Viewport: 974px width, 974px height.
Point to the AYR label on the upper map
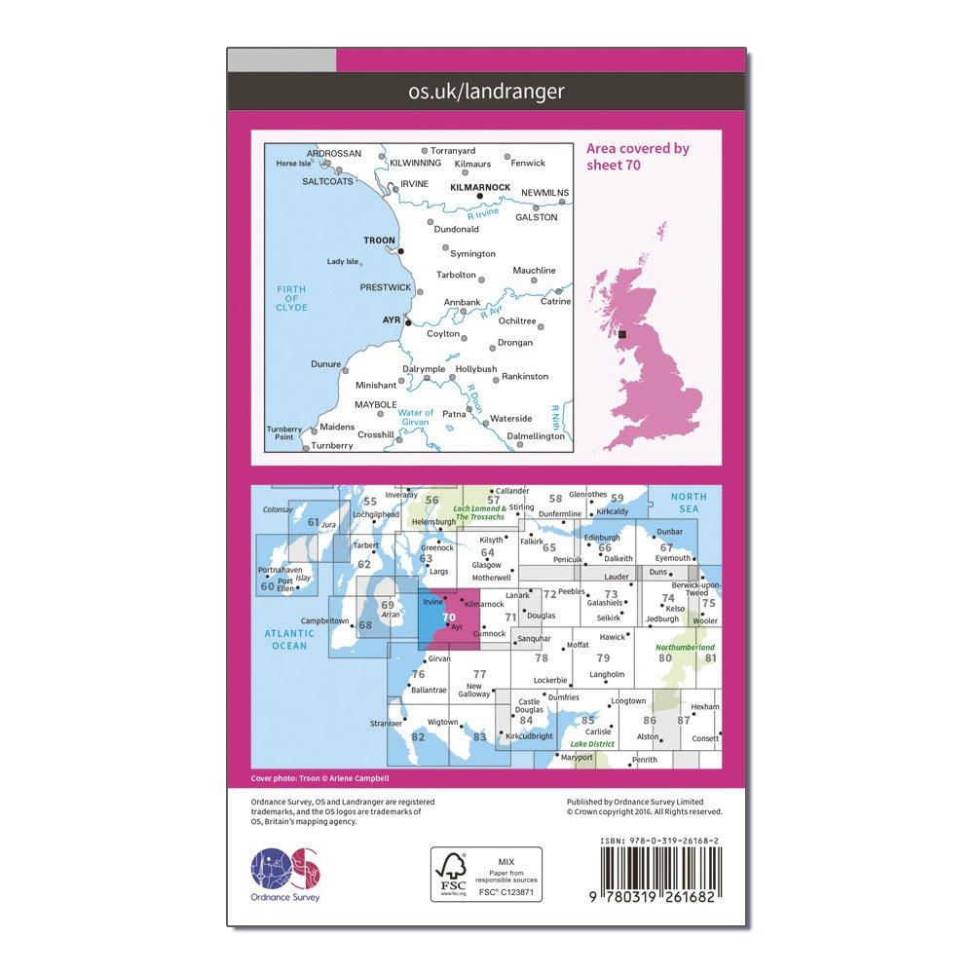pyautogui.click(x=392, y=318)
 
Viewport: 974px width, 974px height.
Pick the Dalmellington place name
pyautogui.click(x=536, y=437)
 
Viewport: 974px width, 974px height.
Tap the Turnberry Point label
pyautogui.click(x=283, y=432)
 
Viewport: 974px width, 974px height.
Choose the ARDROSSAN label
pyautogui.click(x=334, y=154)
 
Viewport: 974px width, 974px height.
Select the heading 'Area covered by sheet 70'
pyautogui.click(x=637, y=156)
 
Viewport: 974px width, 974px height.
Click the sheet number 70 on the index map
pyautogui.click(x=448, y=617)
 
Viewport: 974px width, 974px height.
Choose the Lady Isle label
pyautogui.click(x=344, y=261)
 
